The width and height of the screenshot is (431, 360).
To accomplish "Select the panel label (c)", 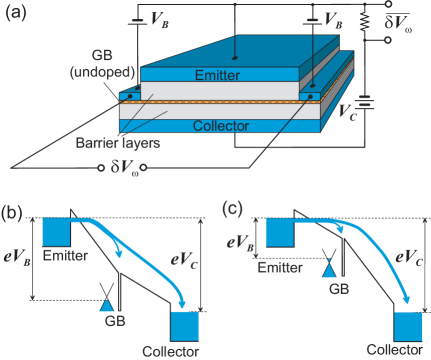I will [x=231, y=211].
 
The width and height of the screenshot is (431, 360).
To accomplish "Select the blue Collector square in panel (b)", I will [x=185, y=326].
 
